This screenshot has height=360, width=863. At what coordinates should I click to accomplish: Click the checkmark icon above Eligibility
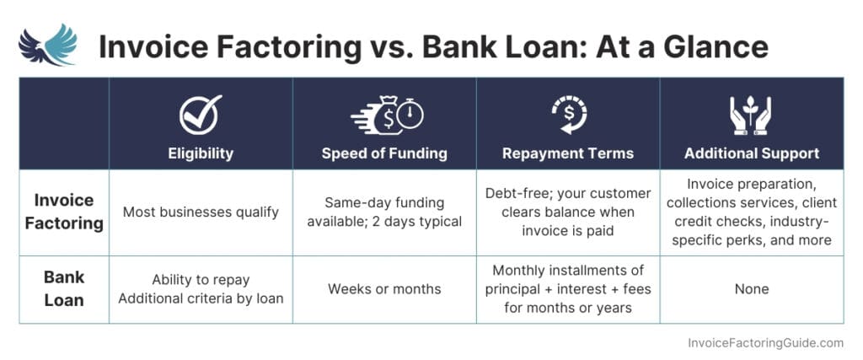[x=201, y=115]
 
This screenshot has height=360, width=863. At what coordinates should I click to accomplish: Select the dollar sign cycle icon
[x=567, y=115]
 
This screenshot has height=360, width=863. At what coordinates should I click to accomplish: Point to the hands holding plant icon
[x=751, y=115]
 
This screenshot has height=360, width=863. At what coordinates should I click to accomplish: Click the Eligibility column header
[x=201, y=153]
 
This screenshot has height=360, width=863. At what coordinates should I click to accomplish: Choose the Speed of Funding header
[x=384, y=153]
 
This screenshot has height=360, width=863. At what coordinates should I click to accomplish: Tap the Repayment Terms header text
[x=568, y=153]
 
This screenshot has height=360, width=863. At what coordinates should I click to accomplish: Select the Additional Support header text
[x=752, y=153]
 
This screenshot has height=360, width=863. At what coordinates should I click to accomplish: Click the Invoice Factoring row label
[x=64, y=212]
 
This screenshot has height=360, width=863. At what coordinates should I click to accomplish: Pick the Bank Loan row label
[x=64, y=288]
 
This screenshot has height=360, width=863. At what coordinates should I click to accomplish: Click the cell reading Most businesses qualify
[x=201, y=212]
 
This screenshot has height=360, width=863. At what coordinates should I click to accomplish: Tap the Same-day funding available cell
[x=384, y=212]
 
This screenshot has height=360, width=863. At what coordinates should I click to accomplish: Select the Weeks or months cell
[x=384, y=289]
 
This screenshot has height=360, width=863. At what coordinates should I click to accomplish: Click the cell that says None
[x=752, y=289]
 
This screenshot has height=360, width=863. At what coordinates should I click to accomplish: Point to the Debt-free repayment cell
[x=568, y=212]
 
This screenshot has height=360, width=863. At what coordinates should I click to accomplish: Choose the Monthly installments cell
[x=568, y=289]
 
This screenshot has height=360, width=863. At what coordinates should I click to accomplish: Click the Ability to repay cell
[x=201, y=289]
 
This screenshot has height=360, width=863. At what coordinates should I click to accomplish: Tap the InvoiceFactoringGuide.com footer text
[x=765, y=343]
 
